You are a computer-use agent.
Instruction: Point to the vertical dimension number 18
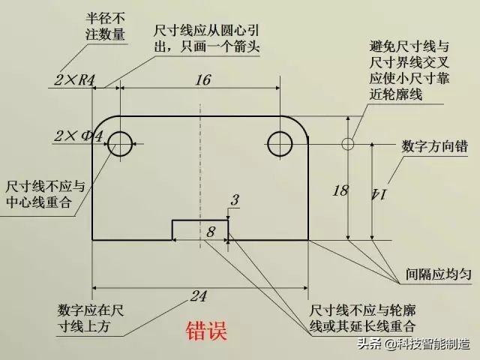click(340, 190)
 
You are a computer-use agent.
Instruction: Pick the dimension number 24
click(198, 297)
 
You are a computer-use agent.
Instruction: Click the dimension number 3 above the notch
click(235, 200)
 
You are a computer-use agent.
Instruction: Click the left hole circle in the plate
click(121, 142)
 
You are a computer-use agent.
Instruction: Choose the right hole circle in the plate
click(280, 142)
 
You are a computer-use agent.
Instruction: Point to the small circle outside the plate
click(346, 142)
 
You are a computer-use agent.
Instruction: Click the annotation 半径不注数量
click(104, 26)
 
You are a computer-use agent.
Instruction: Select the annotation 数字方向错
click(431, 145)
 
